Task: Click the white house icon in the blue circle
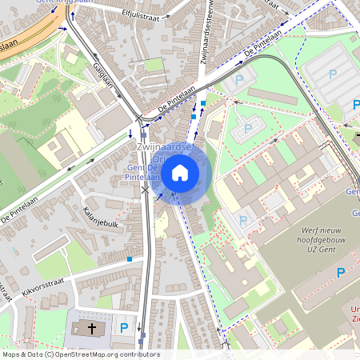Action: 180,172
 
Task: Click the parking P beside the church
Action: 123,327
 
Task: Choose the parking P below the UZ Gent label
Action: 341,273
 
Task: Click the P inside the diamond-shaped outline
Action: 247,128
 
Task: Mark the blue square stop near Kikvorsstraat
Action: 130,259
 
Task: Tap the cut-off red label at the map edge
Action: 354,314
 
